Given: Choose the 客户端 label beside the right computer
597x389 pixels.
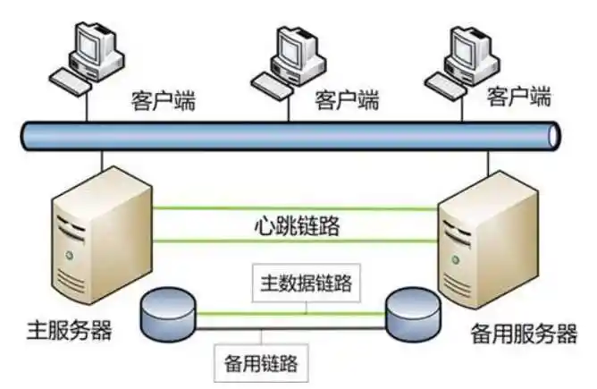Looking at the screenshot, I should [519, 96].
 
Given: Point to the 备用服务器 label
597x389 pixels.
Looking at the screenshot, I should [522, 335].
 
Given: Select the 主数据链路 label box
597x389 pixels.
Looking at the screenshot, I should [305, 285].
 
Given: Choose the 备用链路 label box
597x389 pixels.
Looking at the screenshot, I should [261, 363].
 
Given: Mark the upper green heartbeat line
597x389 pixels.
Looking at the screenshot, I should [295, 209].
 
